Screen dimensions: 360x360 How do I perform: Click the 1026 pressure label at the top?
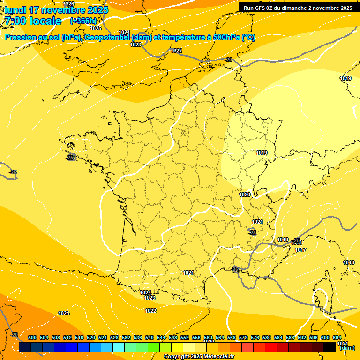pyautogui.click(x=68, y=4)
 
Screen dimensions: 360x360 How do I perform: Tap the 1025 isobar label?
pyautogui.click(x=96, y=28)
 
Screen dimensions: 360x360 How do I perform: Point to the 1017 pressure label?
pyautogui.click(x=300, y=250)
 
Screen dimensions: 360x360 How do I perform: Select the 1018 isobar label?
pyautogui.click(x=297, y=243)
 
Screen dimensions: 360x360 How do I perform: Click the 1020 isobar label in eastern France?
pyautogui.click(x=245, y=195)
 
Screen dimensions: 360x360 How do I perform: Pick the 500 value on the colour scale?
pyautogui.click(x=32, y=337)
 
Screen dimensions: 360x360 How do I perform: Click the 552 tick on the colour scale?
pyautogui.click(x=185, y=337)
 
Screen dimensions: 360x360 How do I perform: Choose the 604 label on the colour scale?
pyautogui.click(x=337, y=337)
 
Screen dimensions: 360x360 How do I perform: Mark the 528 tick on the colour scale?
pyautogui.click(x=114, y=337)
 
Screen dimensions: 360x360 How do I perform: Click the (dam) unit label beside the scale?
pyautogui.click(x=347, y=348)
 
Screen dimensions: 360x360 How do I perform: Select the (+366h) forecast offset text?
pyautogui.click(x=83, y=21)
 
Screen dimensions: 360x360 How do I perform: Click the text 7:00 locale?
pyautogui.click(x=32, y=21)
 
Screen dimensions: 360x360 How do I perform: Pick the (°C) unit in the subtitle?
pyautogui.click(x=248, y=37)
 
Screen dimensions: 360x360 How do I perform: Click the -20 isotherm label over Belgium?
pyautogui.click(x=229, y=60)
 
